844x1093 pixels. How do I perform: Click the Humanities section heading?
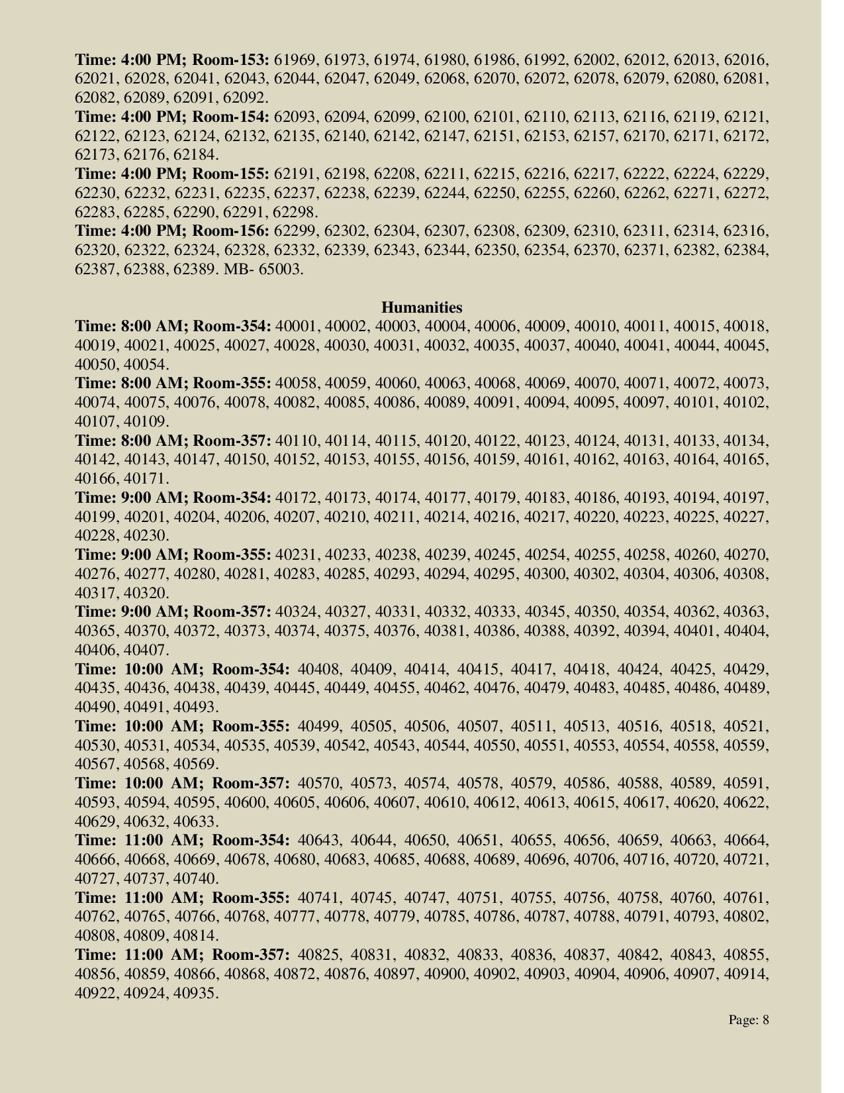(x=422, y=307)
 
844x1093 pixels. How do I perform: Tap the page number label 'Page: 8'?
(x=749, y=1019)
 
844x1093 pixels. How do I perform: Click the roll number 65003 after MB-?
(x=283, y=270)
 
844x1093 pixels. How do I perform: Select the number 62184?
(x=196, y=155)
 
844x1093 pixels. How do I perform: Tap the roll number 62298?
(x=295, y=213)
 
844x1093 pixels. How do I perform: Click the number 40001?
(x=295, y=327)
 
